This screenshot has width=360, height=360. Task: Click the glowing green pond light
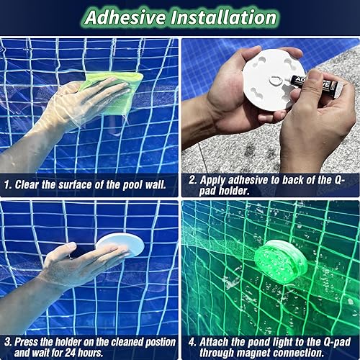pos(281,260)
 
